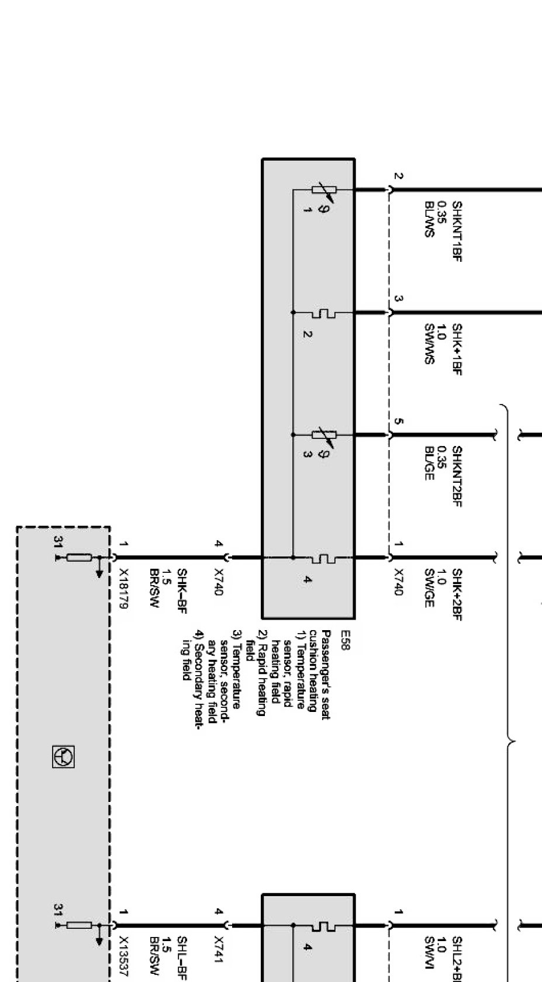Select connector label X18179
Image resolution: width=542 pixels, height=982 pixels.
pos(123,589)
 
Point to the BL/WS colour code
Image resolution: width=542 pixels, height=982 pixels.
pos(429,219)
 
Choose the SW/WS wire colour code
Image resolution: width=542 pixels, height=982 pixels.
pos(429,345)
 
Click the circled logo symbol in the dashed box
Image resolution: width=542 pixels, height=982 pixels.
pos(63,756)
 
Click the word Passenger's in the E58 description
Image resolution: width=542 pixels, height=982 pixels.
pos(326,649)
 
